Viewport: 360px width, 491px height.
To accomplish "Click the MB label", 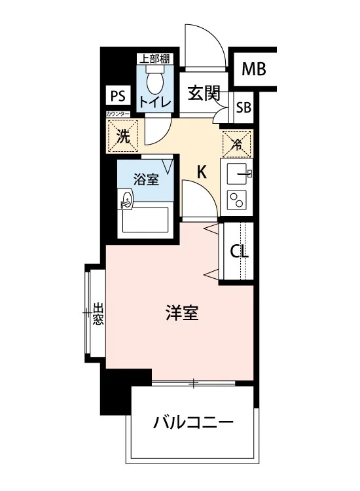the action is point(253,69).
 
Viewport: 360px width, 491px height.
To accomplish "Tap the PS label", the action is point(118,96).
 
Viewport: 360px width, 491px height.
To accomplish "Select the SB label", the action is point(243,108).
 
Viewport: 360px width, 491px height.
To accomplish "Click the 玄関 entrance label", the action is point(204,93).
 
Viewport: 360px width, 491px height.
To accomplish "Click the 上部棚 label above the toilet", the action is point(154,59).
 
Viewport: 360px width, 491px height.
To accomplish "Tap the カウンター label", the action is point(117,114).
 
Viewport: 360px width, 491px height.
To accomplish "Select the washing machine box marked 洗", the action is point(122,136).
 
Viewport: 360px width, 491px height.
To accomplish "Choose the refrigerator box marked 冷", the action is point(237,144).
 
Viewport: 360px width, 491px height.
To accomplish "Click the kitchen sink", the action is point(239,173).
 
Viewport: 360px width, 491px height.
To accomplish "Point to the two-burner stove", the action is point(237,200).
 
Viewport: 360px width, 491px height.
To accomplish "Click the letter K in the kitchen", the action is point(202,172).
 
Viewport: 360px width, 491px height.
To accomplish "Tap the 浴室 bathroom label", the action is point(146,179).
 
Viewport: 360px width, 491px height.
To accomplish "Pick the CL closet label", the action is point(239,251).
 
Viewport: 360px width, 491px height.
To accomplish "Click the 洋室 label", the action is point(182,313).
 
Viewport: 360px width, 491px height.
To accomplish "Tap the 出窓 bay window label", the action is point(98,313).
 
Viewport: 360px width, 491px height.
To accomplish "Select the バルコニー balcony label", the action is point(193,422).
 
